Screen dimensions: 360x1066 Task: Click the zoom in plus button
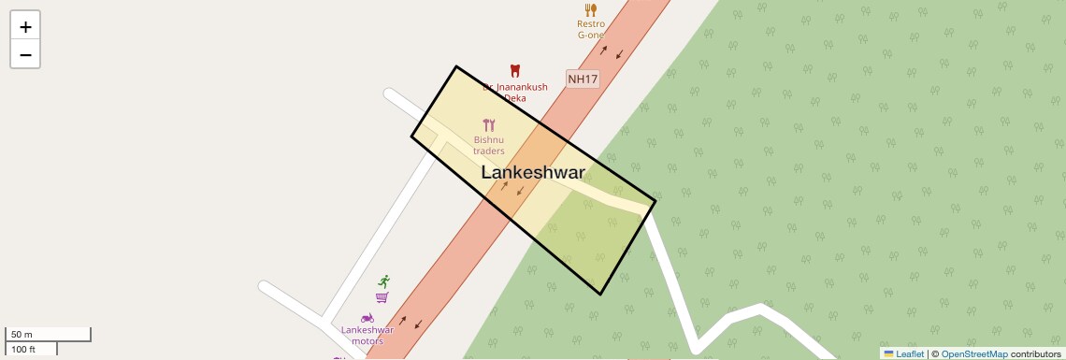[x=25, y=27]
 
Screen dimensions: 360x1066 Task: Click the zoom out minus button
[x=25, y=54]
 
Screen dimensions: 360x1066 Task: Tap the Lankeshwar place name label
[x=533, y=173]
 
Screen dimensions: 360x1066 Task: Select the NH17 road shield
[x=583, y=79]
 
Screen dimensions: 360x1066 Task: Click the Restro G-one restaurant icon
[x=591, y=10]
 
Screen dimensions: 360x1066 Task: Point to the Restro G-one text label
[x=591, y=29]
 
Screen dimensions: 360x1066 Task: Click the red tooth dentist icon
[x=513, y=70]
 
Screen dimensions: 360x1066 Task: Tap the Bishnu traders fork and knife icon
[x=489, y=125]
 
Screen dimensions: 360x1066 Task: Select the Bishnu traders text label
[x=489, y=145]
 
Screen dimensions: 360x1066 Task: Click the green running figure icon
[x=383, y=281]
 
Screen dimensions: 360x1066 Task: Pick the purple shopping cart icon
[x=382, y=297]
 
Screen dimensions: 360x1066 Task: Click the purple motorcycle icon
[x=367, y=318]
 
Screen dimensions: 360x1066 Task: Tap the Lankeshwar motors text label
[x=367, y=335]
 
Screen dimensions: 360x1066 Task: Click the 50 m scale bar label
[x=22, y=335]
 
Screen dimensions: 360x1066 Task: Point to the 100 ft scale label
[x=23, y=350]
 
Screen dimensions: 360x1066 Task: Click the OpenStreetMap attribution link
[x=974, y=353]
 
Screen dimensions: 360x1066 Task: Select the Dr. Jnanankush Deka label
[x=515, y=92]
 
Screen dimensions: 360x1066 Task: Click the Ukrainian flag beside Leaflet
[x=888, y=353]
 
